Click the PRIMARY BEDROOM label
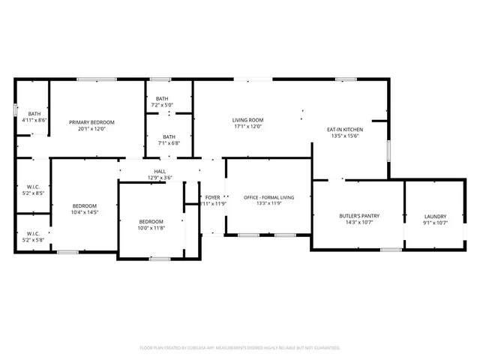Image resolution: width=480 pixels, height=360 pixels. pos(91,121)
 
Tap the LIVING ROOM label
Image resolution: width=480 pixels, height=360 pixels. pos(247,120)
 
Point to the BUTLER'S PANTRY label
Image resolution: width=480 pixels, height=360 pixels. pos(359,216)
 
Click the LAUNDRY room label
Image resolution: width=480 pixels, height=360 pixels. pos(435,216)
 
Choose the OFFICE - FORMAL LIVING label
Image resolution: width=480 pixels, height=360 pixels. pos(268,197)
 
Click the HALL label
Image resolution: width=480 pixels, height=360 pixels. pos(160,172)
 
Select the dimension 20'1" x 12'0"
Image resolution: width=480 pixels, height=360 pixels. pos(91,128)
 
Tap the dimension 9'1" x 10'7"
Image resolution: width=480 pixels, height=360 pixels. pos(435,223)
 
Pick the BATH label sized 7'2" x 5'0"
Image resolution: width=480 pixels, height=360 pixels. pos(162,99)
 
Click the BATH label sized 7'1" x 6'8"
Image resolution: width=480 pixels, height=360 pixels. pos(169,136)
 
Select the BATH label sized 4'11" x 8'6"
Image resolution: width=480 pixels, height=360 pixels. pos(34,113)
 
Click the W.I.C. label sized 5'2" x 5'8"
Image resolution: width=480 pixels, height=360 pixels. pos(34,233)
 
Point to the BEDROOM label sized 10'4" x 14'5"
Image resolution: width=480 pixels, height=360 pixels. pos(84,205)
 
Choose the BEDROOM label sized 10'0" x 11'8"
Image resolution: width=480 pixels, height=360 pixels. pos(151,221)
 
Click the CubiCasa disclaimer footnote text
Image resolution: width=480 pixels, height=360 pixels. pos(240,348)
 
